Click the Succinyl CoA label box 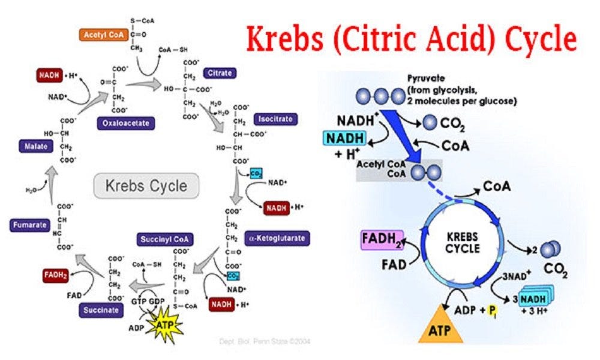click(x=165, y=239)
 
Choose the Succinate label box click(x=101, y=310)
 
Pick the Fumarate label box click(x=29, y=226)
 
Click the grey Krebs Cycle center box click(x=146, y=185)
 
